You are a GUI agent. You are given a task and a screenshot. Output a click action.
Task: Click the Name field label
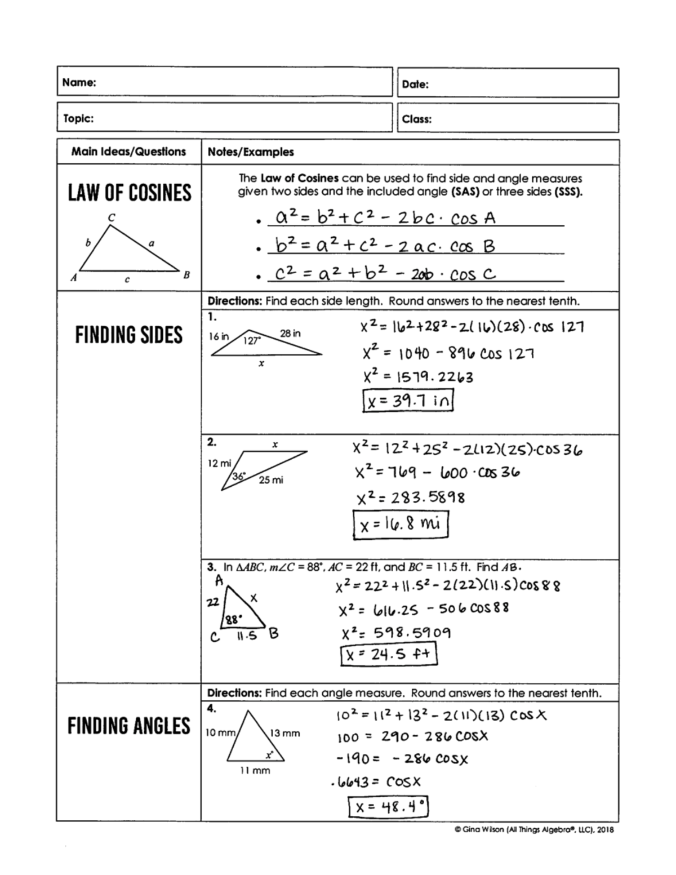coord(79,82)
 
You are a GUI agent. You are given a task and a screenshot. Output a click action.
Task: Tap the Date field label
coord(415,85)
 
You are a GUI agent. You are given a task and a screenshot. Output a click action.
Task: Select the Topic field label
coord(78,118)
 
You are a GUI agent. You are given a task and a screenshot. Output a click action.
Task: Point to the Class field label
coord(417,119)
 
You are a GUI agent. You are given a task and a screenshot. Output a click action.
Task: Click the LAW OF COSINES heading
coord(130,193)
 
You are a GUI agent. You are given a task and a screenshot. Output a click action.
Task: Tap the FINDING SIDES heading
coord(129,335)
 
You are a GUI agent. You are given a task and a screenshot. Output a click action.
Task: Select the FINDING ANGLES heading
coord(129,726)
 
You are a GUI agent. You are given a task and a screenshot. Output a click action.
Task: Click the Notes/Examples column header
coord(250,152)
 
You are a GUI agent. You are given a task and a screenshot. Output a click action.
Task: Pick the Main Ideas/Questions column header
coord(128,152)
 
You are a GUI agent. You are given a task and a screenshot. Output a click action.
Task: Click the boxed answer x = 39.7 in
coord(408,401)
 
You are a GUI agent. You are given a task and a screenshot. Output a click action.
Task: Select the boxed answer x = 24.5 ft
coord(389,654)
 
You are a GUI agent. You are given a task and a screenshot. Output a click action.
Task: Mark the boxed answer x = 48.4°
coord(388,806)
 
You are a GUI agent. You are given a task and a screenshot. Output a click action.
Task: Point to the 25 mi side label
coord(271,480)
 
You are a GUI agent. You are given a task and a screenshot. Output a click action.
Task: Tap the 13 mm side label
coord(285,733)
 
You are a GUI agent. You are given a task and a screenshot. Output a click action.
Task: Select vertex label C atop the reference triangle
coord(112,217)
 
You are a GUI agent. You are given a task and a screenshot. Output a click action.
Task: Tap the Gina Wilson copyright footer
coord(534,829)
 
